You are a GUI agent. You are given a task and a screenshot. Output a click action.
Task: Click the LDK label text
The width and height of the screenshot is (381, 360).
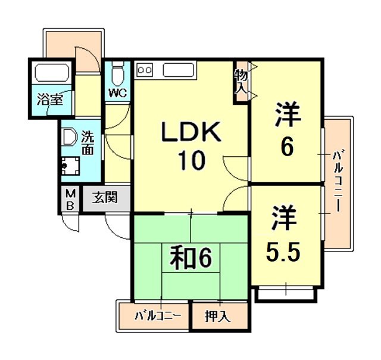tap(192, 132)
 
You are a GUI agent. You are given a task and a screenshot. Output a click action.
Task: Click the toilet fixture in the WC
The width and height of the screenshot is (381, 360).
tap(118, 74)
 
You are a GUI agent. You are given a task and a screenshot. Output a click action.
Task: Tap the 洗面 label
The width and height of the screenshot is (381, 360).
tap(88, 144)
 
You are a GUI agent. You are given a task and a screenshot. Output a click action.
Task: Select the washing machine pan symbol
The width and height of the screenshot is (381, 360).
tap(72, 165)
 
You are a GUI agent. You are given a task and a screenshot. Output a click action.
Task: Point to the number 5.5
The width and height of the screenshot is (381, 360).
tap(283, 254)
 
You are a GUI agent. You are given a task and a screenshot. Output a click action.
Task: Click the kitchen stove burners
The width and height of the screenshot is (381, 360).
tap(145, 70)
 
